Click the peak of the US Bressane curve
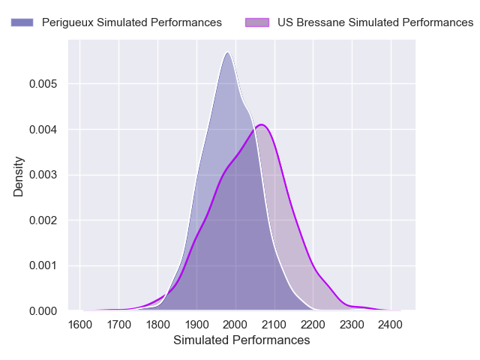point(261,124)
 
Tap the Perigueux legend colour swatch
point(22,22)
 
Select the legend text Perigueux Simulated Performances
point(132,22)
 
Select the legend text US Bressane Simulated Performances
point(376,22)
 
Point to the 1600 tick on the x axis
point(80,325)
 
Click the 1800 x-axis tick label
point(157,325)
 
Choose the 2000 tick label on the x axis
point(235,325)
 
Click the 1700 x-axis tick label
point(118,325)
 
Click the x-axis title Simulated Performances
point(241,340)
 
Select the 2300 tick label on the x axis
point(352,325)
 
